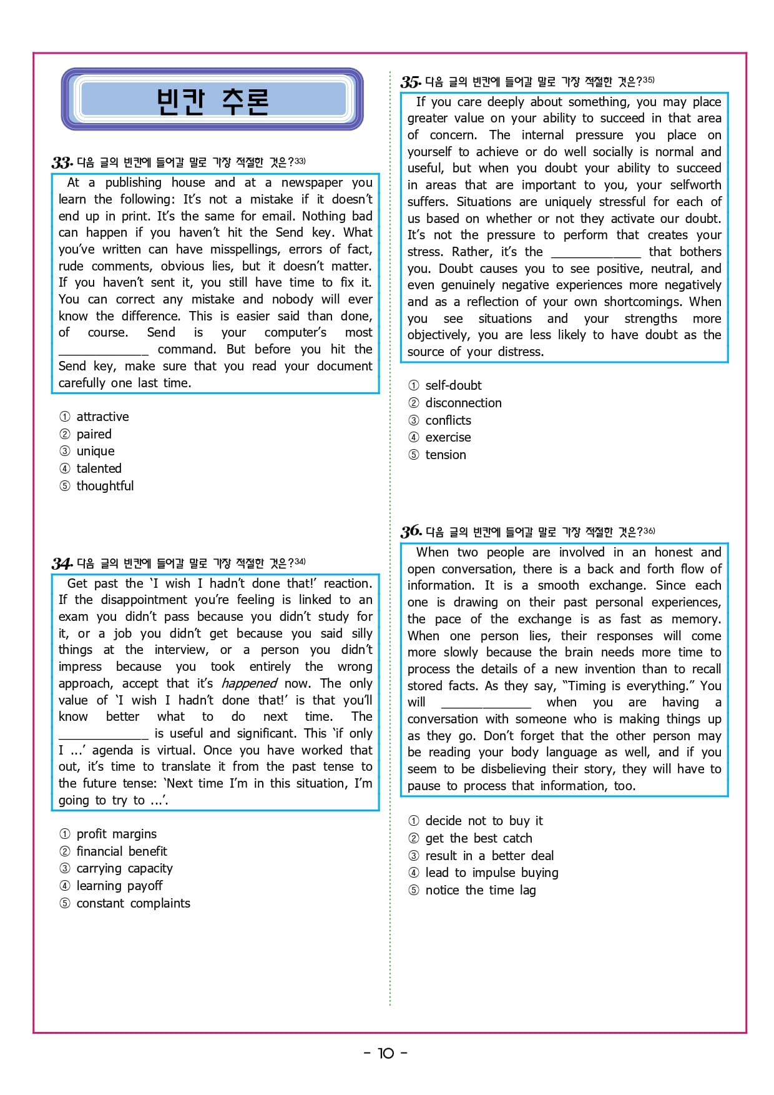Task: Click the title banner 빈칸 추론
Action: tap(212, 100)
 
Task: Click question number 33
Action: tap(62, 163)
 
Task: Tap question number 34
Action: tap(62, 564)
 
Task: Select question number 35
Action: tap(411, 82)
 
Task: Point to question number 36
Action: tap(411, 532)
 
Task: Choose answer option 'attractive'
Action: tap(102, 417)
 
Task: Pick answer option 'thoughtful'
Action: tap(105, 486)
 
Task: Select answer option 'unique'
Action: tap(96, 451)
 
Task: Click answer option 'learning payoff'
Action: tap(119, 886)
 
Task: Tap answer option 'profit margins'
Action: tap(117, 834)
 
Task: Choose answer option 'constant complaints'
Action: tap(133, 903)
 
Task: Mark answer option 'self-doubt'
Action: tap(453, 385)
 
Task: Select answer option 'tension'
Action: tap(446, 455)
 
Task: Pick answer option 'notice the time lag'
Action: tap(481, 890)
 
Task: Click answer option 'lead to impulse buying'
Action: tap(492, 873)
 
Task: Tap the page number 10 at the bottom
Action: tap(386, 1053)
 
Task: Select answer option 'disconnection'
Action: tap(463, 403)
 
